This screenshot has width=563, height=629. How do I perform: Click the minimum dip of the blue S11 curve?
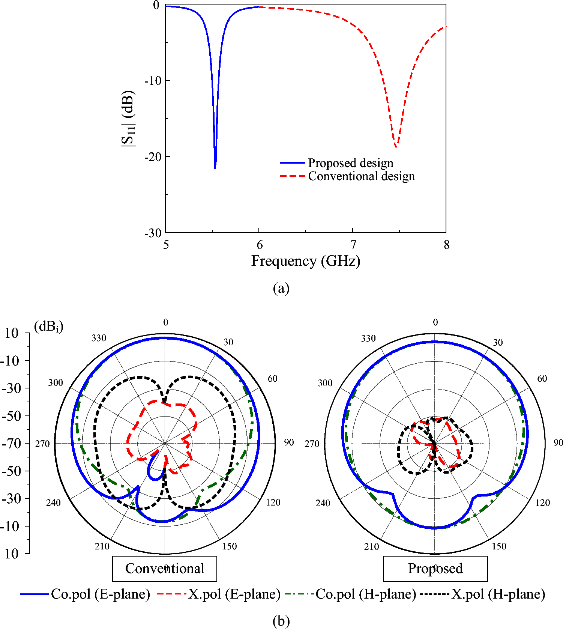[215, 168]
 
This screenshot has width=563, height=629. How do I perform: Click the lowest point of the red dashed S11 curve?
[396, 146]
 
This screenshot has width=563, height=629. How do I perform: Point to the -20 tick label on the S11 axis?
[153, 157]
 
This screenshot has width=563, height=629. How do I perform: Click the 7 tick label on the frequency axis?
[353, 245]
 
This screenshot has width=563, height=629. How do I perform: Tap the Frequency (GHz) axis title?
[306, 261]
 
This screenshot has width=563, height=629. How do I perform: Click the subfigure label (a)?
[281, 288]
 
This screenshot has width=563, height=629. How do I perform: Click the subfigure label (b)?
[281, 621]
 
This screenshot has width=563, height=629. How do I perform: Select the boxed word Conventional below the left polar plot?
[165, 568]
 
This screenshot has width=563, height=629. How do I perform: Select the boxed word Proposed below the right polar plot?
[435, 568]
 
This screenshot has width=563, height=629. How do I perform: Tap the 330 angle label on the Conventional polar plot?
[99, 338]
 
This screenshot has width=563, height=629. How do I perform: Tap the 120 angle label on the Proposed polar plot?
[543, 503]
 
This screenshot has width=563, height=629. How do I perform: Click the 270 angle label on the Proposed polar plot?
[312, 444]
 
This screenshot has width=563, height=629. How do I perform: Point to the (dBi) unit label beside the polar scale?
[49, 327]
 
